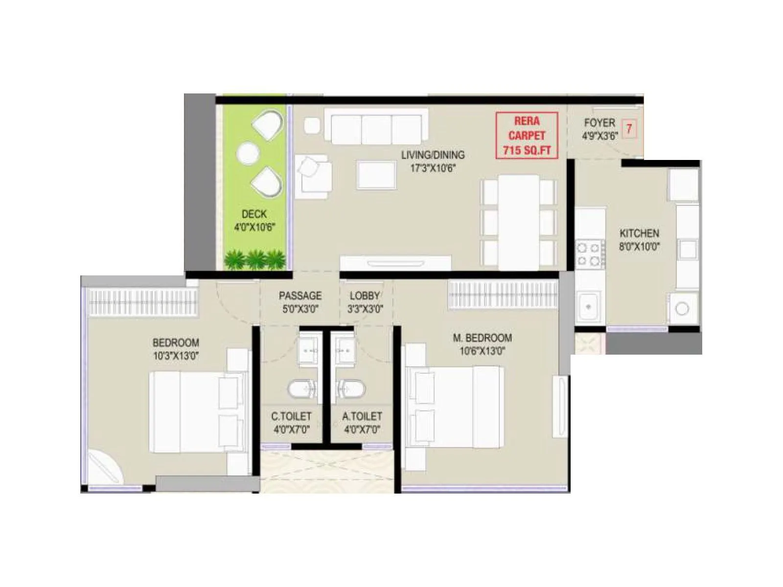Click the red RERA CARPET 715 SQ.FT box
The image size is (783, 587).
coord(527,135)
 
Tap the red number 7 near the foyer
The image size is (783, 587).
coord(629,129)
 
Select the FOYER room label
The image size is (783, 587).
coord(599,123)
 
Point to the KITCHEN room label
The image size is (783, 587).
coord(639,233)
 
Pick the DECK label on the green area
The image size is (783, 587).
coord(254,214)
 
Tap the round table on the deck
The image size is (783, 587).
coord(247,153)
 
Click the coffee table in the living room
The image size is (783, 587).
coord(376,175)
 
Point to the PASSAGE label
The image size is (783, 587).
coord(300,295)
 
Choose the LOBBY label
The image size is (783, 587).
coord(365,295)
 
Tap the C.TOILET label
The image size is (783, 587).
coord(291,416)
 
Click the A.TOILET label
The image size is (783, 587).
coord(362,416)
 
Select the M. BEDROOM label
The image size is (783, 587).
coord(482,338)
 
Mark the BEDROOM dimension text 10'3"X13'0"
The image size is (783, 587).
coord(176,356)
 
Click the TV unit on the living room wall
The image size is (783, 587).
coord(395,263)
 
